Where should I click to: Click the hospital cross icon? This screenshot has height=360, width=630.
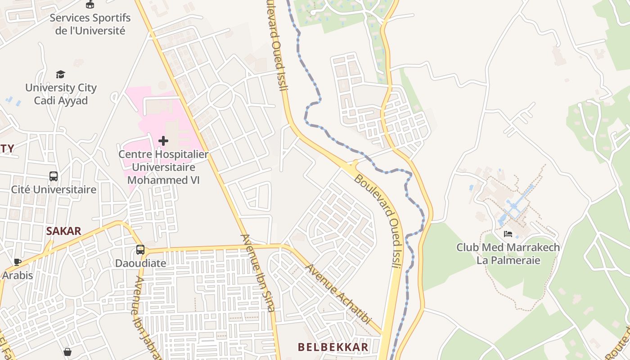pyautogui.click(x=163, y=141)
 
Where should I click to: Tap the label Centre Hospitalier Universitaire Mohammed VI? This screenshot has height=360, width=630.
pyautogui.click(x=163, y=167)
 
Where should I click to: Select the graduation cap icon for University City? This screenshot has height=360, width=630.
pyautogui.click(x=60, y=74)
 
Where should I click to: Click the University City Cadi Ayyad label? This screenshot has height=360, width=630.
pyautogui.click(x=61, y=94)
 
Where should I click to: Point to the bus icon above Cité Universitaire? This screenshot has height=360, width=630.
pyautogui.click(x=54, y=176)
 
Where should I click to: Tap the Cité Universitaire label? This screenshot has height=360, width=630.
pyautogui.click(x=54, y=189)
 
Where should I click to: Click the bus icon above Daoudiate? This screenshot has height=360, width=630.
pyautogui.click(x=140, y=250)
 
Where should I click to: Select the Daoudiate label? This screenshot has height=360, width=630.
pyautogui.click(x=140, y=263)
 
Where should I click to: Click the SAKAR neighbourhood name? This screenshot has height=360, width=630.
pyautogui.click(x=63, y=231)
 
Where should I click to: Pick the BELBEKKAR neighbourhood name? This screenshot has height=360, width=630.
pyautogui.click(x=333, y=347)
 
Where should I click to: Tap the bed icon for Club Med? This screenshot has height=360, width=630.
pyautogui.click(x=508, y=234)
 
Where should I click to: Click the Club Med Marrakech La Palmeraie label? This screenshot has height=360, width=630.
pyautogui.click(x=508, y=254)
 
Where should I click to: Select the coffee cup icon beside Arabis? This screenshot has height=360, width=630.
pyautogui.click(x=18, y=262)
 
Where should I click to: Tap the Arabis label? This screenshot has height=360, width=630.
pyautogui.click(x=18, y=275)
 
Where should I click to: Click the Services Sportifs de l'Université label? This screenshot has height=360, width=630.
pyautogui.click(x=90, y=24)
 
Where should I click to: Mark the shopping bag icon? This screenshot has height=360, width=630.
pyautogui.click(x=67, y=351)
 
